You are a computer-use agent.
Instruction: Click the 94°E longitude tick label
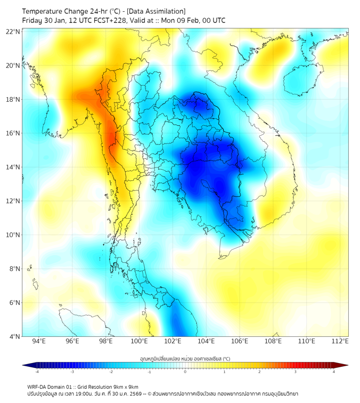coord(39,342)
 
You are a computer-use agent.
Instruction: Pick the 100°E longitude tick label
coord(139,342)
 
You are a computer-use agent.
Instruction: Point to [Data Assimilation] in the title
coord(154,11)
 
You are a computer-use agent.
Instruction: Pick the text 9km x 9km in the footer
coord(126,386)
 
